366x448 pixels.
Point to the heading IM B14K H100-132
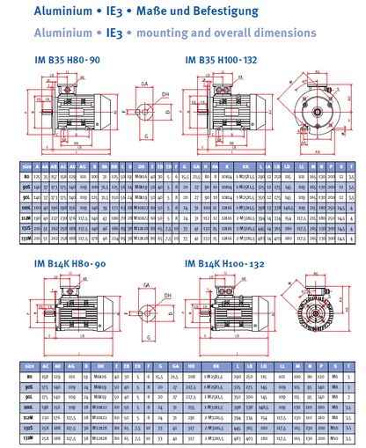point(231,264)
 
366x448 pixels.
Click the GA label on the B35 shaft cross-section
point(143,81)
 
